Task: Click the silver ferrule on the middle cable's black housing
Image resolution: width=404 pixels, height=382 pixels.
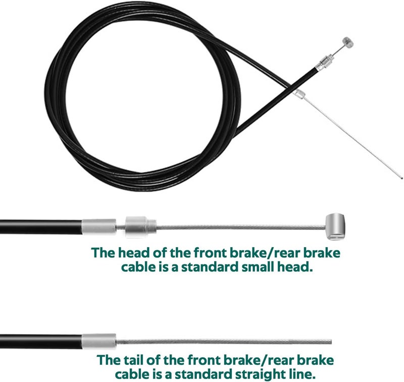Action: pyautogui.click(x=99, y=227)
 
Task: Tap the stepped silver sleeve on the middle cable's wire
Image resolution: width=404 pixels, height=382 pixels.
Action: pyautogui.click(x=141, y=227)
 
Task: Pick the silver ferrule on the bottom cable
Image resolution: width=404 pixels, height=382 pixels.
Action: pyautogui.click(x=99, y=341)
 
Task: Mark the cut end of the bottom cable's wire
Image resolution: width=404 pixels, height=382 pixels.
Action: pyautogui.click(x=331, y=342)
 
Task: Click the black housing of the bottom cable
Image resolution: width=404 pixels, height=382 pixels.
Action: pyautogui.click(x=41, y=341)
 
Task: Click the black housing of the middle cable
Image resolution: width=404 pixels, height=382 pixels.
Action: pyautogui.click(x=41, y=227)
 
